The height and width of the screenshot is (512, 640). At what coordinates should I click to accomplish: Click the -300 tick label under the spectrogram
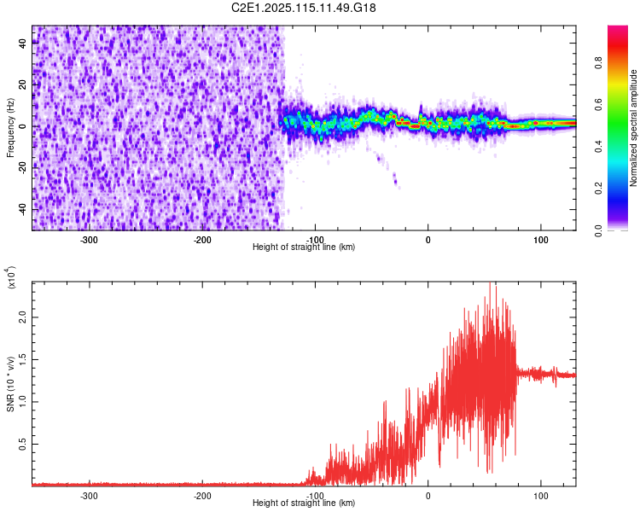pyautogui.click(x=90, y=240)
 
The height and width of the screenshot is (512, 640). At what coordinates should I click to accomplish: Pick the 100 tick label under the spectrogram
pyautogui.click(x=540, y=240)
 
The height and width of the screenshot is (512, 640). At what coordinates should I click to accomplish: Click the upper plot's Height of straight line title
pyautogui.click(x=304, y=247)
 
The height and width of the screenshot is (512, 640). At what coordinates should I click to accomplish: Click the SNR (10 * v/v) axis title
pyautogui.click(x=10, y=384)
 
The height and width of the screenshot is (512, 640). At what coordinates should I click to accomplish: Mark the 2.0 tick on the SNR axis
pyautogui.click(x=22, y=317)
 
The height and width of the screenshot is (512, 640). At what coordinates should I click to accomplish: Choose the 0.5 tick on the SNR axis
pyautogui.click(x=22, y=444)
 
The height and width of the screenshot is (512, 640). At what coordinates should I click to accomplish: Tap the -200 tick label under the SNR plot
pyautogui.click(x=202, y=496)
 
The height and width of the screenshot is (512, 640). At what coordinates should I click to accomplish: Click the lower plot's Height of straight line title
pyautogui.click(x=304, y=504)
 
